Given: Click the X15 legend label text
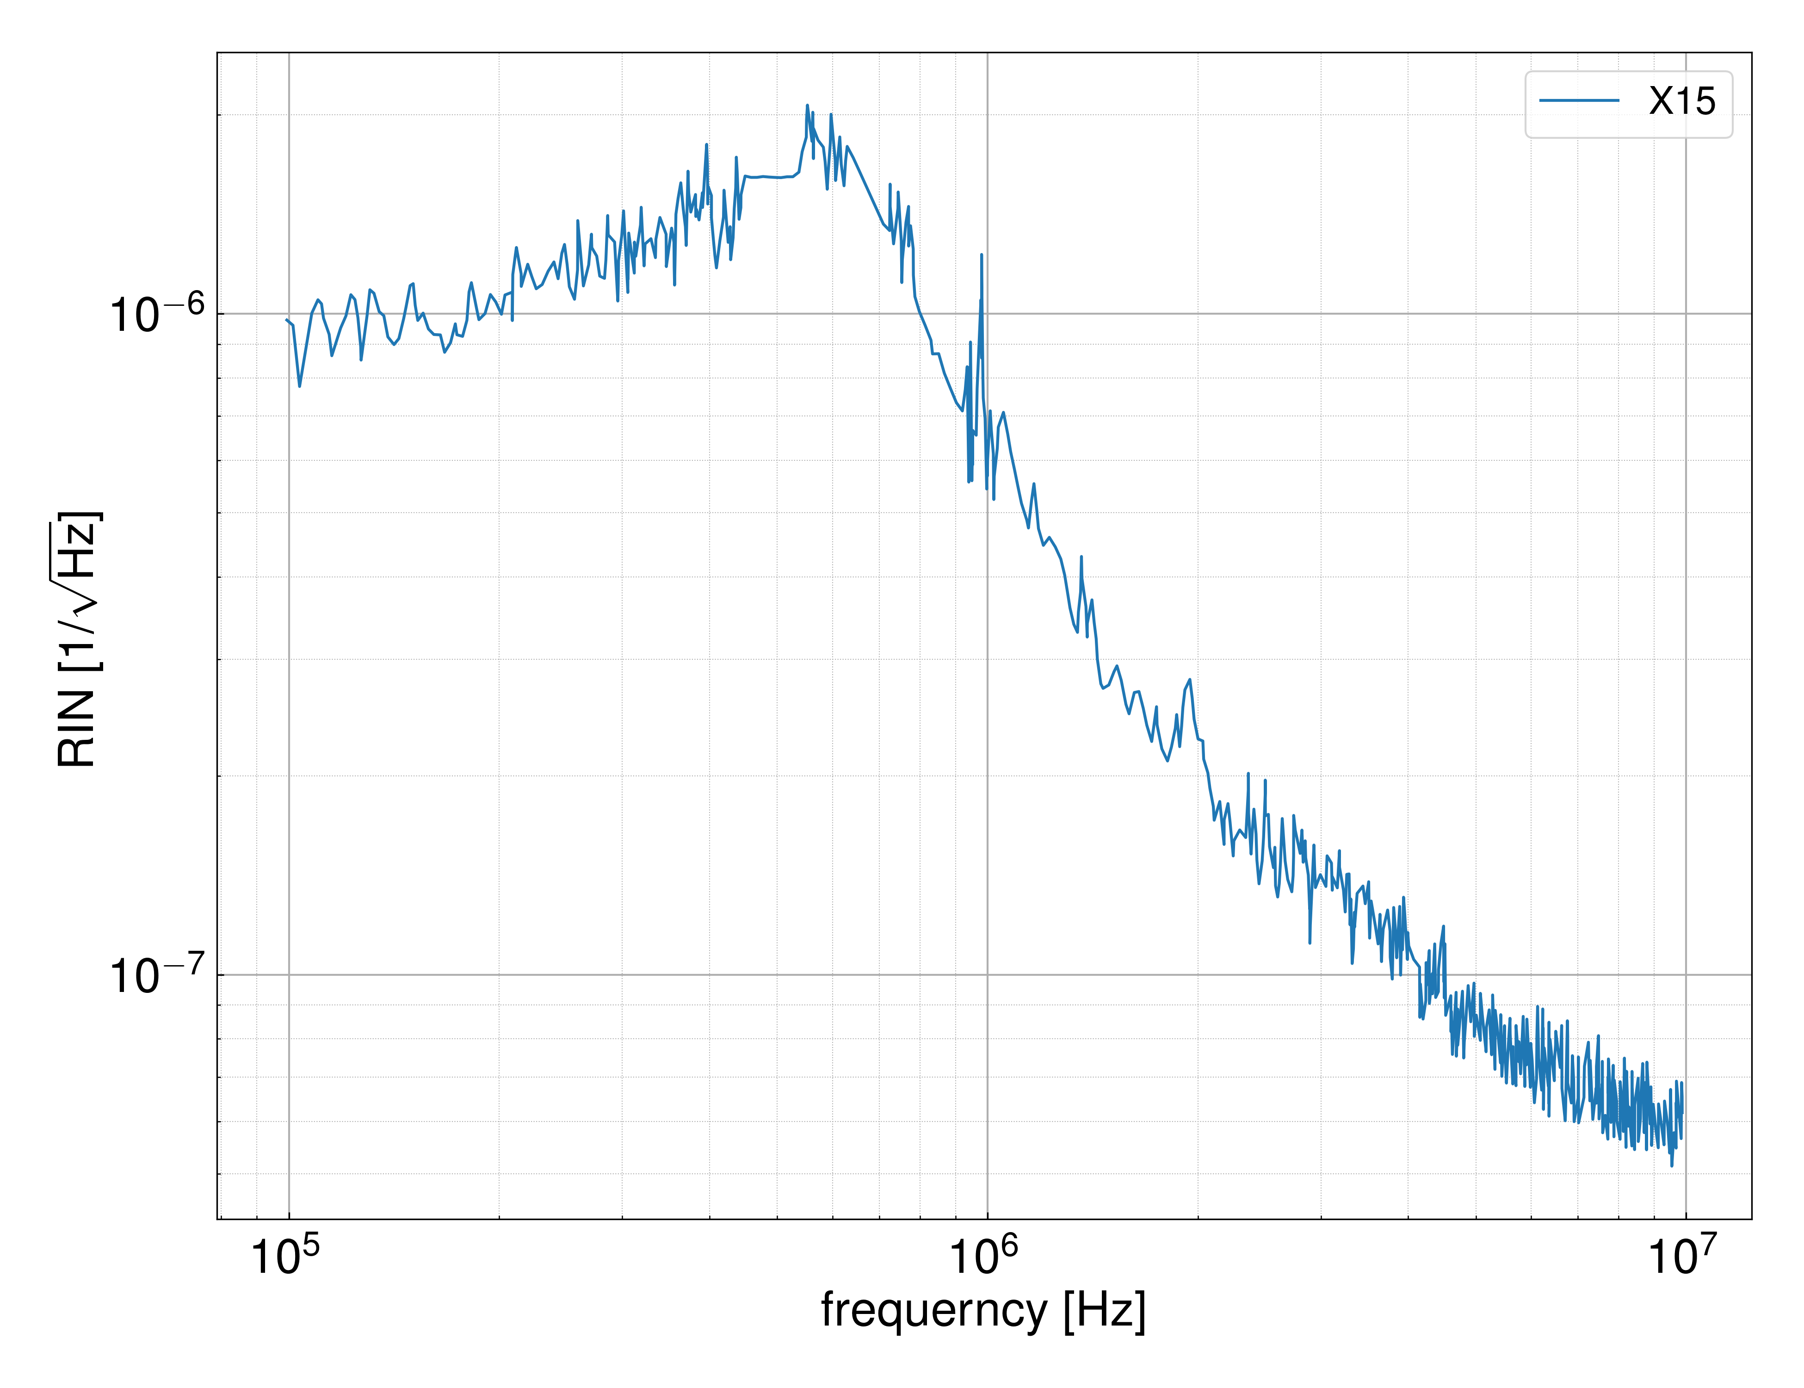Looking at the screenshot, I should tap(1682, 102).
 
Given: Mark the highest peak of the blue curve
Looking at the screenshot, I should tap(807, 106).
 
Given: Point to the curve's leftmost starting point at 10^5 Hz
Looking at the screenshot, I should tap(287, 320).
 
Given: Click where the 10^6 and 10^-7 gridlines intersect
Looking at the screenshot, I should tap(987, 975).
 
